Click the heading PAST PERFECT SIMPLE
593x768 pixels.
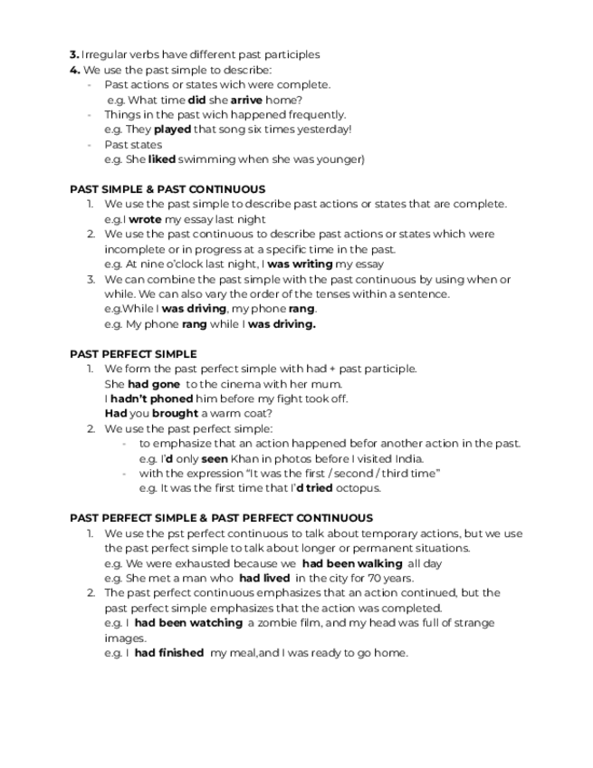[x=133, y=354]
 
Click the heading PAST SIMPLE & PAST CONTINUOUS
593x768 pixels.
[x=167, y=189]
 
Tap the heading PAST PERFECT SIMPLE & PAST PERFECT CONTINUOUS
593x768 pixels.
[x=221, y=518]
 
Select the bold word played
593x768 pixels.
[x=172, y=130]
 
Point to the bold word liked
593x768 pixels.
[x=161, y=159]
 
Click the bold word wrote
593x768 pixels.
[x=146, y=219]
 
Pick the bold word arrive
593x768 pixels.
[x=245, y=100]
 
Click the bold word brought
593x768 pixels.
[x=175, y=414]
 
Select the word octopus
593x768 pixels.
[x=359, y=488]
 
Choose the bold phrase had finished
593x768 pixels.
[x=169, y=652]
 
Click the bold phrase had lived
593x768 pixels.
[x=264, y=578]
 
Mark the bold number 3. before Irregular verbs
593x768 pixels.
[x=74, y=54]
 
